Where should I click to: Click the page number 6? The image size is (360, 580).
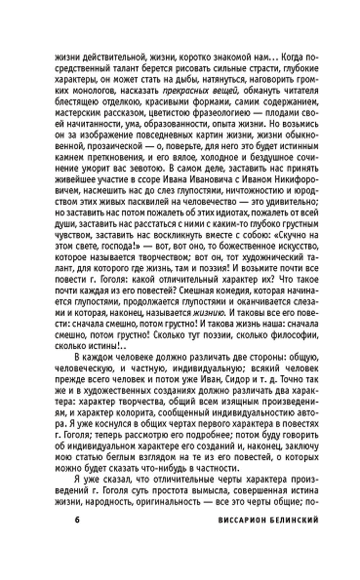[x=76, y=520]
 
